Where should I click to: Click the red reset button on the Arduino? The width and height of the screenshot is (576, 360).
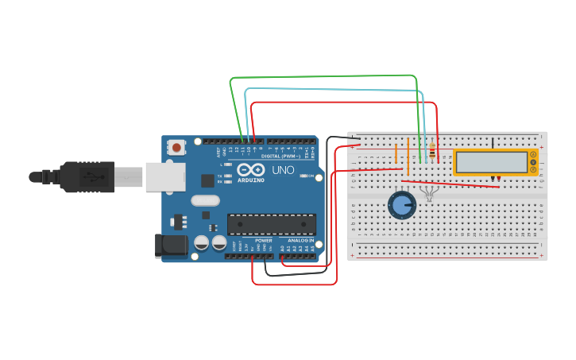coord(176,147)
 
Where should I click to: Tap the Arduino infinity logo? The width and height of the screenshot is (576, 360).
coord(250,170)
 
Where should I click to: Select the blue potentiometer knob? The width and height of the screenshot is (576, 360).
coord(402,205)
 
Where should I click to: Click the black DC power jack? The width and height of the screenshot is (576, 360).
coord(171,246)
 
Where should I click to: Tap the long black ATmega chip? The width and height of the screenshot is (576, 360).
coord(271,224)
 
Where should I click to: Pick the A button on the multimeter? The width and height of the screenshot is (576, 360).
coord(533,154)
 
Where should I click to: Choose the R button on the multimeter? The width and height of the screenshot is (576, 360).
coord(533,169)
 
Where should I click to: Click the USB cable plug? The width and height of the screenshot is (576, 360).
coord(87,176)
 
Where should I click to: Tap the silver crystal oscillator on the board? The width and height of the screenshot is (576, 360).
coord(205,201)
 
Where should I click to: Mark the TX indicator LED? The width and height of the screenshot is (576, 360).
coord(229,175)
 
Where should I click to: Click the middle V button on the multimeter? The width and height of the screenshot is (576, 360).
coord(533,162)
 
